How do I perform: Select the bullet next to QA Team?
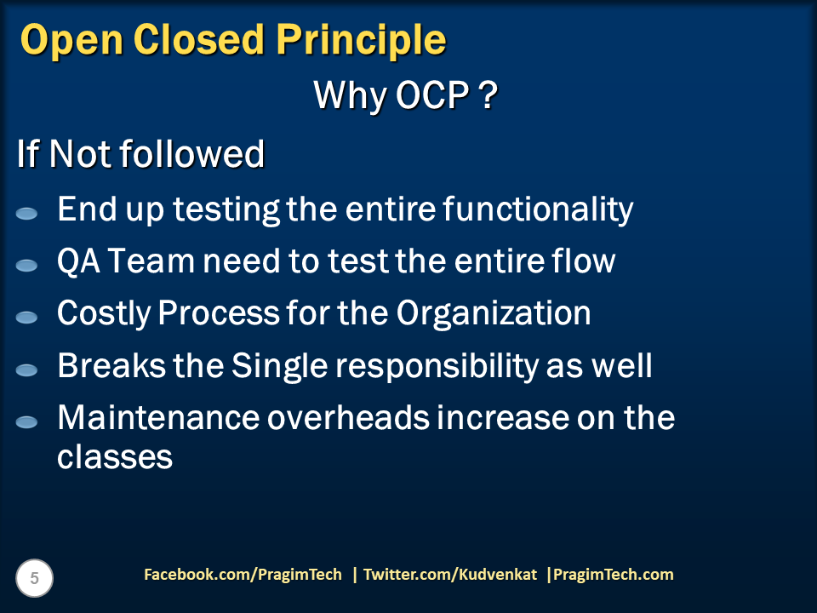point(26,266)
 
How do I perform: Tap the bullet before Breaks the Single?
point(26,370)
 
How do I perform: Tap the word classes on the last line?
point(115,457)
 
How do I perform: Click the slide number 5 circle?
point(35,579)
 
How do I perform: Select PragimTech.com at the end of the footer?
point(613,575)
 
